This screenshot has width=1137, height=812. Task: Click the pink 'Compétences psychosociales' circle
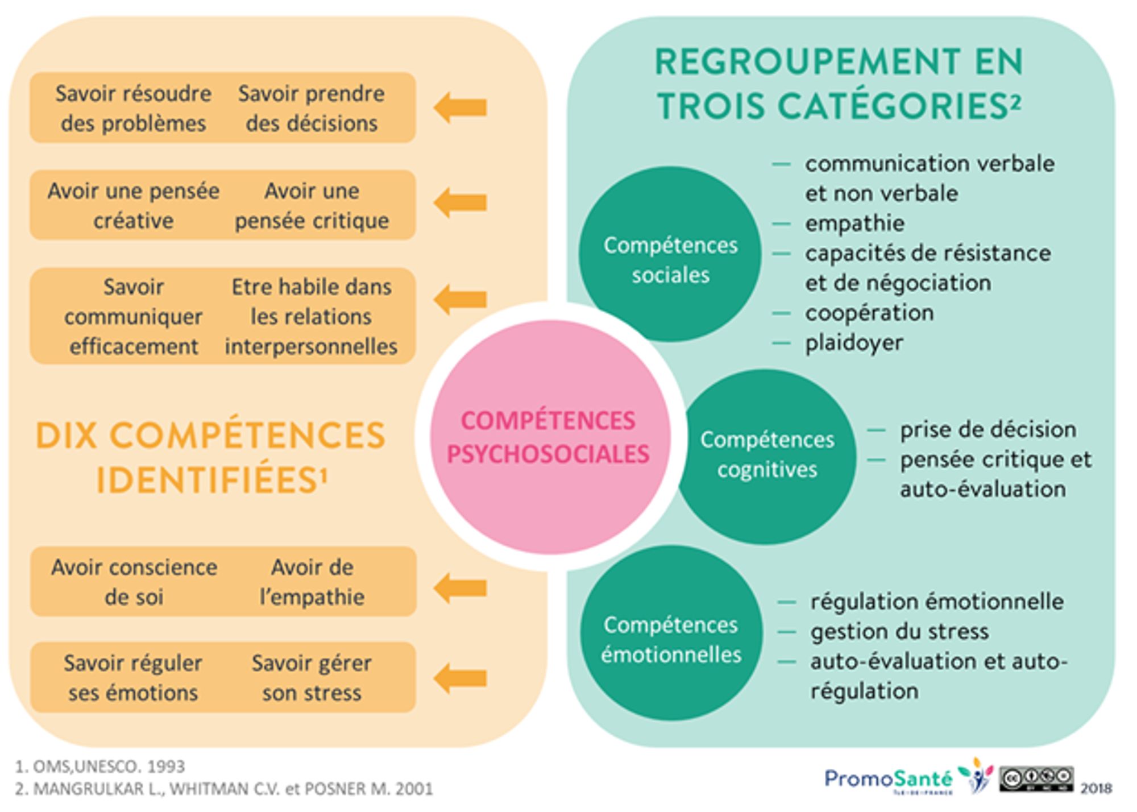[549, 437]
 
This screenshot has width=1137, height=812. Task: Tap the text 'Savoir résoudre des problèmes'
[133, 108]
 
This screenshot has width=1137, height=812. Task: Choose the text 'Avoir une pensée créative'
[133, 205]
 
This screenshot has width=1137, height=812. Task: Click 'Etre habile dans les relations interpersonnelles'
[311, 316]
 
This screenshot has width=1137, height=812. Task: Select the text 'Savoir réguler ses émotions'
[133, 678]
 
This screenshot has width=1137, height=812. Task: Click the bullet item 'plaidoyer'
[854, 343]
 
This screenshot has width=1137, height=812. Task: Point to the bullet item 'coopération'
[869, 313]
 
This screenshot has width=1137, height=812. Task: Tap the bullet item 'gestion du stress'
[899, 631]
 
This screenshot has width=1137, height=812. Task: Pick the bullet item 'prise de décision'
[987, 430]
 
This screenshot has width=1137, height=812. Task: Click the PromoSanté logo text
[888, 778]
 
